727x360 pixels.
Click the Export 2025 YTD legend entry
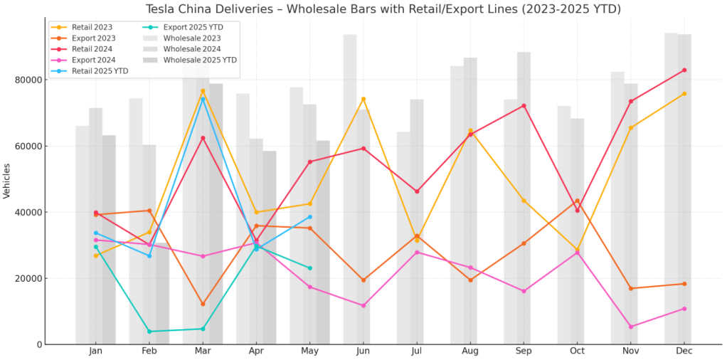pos(191,26)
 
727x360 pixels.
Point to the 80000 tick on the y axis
pos(27,80)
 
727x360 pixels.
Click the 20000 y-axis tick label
pos(27,278)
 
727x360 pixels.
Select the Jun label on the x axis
pos(363,351)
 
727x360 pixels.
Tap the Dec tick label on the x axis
pos(684,351)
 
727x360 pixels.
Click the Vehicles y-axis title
pos(7,181)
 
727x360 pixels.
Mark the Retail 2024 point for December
pos(684,70)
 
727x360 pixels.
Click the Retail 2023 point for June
pos(363,99)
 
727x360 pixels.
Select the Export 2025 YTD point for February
pos(149,332)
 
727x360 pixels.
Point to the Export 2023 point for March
pos(203,304)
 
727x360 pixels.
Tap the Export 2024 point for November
pos(630,327)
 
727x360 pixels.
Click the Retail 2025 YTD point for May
pos(309,217)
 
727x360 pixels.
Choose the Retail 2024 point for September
pos(524,106)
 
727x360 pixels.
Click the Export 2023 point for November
pos(630,288)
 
